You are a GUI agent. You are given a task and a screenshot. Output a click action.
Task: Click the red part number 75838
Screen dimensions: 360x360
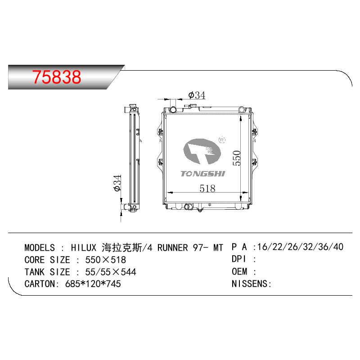57,76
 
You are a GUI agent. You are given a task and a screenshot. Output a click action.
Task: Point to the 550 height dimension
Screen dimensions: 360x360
237,158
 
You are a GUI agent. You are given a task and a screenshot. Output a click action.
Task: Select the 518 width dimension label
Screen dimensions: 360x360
207,189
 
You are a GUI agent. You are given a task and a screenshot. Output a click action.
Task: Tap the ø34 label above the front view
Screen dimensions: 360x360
197,95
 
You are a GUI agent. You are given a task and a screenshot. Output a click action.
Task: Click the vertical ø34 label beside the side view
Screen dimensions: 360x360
117,183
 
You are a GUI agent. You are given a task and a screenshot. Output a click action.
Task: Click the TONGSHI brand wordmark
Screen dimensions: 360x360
203,174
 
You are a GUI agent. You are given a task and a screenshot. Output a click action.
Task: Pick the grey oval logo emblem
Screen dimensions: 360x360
202,151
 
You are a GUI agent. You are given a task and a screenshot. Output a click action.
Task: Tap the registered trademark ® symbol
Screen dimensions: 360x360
222,140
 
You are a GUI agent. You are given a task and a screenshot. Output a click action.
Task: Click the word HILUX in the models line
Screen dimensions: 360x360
84,248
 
